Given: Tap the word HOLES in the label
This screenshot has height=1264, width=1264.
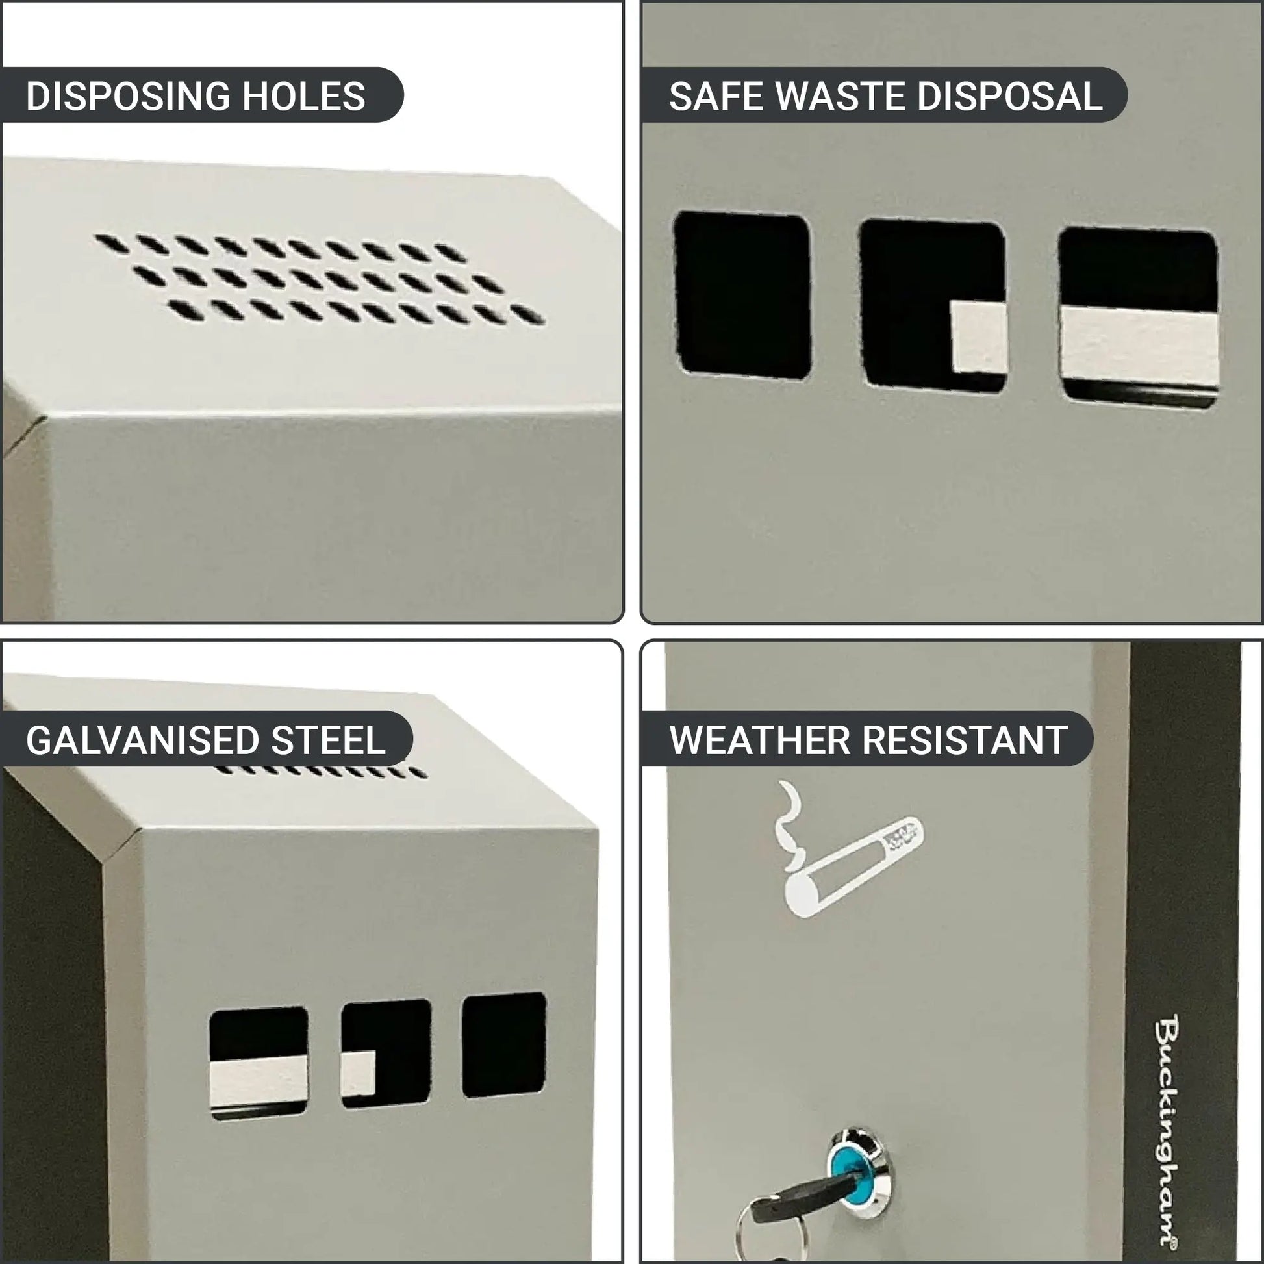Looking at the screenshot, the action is pyautogui.click(x=303, y=95).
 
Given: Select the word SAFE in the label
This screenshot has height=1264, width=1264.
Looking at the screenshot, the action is pyautogui.click(x=716, y=96).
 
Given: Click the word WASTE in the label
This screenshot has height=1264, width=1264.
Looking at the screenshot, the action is pyautogui.click(x=840, y=96).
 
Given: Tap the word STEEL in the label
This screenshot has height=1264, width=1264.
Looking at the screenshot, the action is pyautogui.click(x=328, y=740).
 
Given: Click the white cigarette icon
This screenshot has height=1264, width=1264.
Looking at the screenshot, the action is pyautogui.click(x=848, y=848).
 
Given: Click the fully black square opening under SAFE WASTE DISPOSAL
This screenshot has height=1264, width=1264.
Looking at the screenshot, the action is pyautogui.click(x=742, y=295).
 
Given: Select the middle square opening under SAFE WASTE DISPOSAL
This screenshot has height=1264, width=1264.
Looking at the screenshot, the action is pyautogui.click(x=933, y=305).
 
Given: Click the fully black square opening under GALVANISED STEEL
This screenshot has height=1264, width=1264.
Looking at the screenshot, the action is pyautogui.click(x=504, y=1045).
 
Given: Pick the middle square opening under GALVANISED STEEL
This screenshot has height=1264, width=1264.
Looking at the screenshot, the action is pyautogui.click(x=386, y=1054).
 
